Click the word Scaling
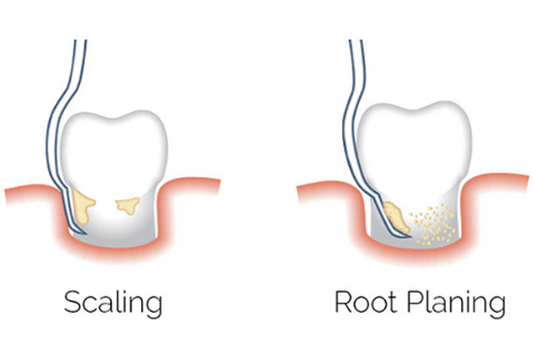pos(113,304)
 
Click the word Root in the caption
pos(365,302)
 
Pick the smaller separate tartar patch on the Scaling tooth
pos(129,205)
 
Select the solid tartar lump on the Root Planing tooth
pos(396,216)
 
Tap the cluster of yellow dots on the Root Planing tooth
pos(432,224)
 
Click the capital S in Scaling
pos(73,302)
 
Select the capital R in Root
pos(344,302)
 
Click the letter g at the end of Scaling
pos(155,307)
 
